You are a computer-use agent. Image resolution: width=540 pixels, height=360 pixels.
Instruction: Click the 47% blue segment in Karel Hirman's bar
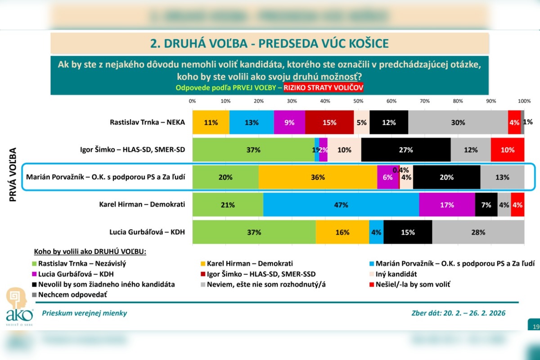[x=341, y=205]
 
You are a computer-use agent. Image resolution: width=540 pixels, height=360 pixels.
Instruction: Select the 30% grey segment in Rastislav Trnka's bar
[x=458, y=122]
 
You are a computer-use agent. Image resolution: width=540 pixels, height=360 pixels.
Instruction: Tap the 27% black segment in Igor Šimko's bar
[x=406, y=150]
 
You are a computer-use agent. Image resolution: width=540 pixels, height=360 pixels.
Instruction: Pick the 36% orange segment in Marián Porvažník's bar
[x=318, y=177]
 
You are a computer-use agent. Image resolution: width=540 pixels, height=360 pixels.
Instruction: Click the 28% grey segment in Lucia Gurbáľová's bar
[x=478, y=233]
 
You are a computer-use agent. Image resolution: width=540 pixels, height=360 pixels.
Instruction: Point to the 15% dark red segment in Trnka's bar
[x=329, y=122]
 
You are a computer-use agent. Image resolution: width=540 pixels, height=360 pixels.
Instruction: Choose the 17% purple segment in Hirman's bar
[x=447, y=205]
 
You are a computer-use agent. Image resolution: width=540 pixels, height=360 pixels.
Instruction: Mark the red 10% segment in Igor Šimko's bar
[x=508, y=150]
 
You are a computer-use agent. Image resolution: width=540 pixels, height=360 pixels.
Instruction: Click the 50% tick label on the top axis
[x=358, y=100]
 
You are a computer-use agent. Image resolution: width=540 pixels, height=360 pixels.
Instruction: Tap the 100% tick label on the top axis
[x=524, y=100]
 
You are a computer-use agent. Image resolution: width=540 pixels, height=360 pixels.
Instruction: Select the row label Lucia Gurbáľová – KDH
[x=147, y=233]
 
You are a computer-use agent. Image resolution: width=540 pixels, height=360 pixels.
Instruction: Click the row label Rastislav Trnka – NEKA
[x=147, y=122]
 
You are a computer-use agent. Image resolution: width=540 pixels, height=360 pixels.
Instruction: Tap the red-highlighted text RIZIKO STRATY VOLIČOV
[x=323, y=88]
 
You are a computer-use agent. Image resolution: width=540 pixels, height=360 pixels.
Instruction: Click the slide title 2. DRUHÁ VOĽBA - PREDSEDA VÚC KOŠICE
[x=269, y=44]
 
